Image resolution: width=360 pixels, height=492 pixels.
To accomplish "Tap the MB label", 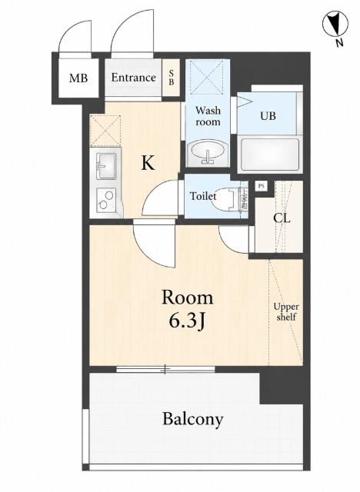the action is coord(78,78).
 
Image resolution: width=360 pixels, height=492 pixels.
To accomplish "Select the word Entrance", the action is coord(133,77).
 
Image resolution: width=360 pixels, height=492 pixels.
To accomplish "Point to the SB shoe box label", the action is coord(172,78).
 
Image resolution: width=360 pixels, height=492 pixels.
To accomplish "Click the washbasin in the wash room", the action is coord(208,152).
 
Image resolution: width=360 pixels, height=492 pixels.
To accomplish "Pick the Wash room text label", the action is coord(208,116).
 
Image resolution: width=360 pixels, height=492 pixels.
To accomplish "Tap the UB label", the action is coord(268,116).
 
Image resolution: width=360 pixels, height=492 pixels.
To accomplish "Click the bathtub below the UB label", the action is coord(269,155).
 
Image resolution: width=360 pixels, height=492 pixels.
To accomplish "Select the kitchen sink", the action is coord(106,166).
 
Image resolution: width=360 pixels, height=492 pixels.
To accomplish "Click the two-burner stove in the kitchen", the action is coord(106,200).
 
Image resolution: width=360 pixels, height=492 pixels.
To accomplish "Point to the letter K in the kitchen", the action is coord(148,163).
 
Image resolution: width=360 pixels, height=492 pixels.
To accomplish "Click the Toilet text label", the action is coord(203,197).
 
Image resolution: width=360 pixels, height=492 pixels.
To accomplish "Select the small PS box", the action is coord(261,186).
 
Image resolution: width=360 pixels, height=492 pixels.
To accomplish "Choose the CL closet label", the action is coord(282,218).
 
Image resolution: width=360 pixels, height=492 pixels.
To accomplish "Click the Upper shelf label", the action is coord(286,312).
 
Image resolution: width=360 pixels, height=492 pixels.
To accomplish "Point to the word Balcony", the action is coord(193,419).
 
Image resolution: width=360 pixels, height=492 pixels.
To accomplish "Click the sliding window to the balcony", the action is coord(165,369).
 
